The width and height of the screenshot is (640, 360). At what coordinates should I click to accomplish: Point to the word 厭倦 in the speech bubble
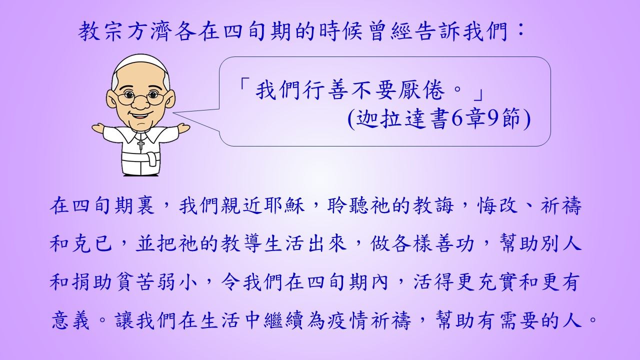(x=421, y=90)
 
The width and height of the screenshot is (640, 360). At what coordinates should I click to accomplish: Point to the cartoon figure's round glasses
(x=140, y=97)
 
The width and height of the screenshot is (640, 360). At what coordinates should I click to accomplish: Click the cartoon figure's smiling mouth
(x=139, y=116)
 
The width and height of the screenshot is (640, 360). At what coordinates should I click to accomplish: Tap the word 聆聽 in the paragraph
(x=349, y=205)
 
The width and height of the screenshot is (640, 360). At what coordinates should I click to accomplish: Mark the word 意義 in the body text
(x=71, y=320)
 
